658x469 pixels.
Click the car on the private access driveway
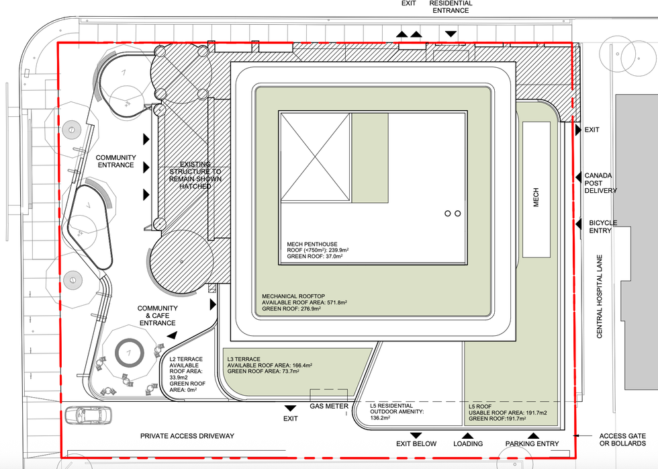coord(89,415)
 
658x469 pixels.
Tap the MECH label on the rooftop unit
coord(536,197)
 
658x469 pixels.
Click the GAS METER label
coord(329,406)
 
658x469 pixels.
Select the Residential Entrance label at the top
coord(451,7)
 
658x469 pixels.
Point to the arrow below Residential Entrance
coord(451,34)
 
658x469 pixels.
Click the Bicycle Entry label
coord(603,226)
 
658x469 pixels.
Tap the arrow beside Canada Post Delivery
coord(578,176)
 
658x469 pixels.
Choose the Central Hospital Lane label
coord(599,296)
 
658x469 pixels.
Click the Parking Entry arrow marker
coord(533,436)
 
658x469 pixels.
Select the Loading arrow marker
coord(467,436)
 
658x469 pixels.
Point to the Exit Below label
coord(416,444)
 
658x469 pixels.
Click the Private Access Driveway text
coord(187,436)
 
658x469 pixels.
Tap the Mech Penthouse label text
coord(312,244)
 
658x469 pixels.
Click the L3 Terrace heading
coord(244,359)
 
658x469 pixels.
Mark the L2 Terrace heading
coord(186,359)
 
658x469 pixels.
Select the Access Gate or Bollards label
coord(622,439)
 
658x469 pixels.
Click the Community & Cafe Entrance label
coord(157,315)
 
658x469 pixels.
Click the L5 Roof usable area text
coord(508,413)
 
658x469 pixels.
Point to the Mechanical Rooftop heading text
coord(293,296)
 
